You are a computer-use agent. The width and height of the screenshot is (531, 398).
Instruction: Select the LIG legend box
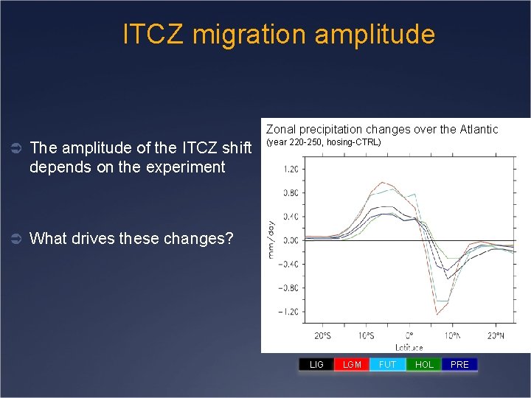click(x=316, y=364)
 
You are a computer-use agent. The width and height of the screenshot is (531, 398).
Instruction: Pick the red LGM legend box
click(x=352, y=364)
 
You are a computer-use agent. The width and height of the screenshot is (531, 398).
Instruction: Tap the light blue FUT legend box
click(x=387, y=364)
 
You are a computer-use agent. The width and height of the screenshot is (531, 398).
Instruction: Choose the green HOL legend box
click(x=424, y=364)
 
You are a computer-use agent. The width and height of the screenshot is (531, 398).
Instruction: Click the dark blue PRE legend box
click(x=459, y=364)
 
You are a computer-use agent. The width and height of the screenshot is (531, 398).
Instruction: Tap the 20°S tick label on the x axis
click(x=322, y=336)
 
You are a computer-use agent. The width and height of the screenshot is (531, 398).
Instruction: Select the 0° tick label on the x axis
click(x=409, y=336)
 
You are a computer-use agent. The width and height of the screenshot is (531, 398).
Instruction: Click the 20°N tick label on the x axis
click(x=496, y=336)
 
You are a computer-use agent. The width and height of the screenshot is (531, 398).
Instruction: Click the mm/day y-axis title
click(x=271, y=239)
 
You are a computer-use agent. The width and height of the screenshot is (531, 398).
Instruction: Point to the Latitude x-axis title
click(x=409, y=346)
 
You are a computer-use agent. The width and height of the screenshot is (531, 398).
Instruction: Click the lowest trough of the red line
click(x=437, y=314)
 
